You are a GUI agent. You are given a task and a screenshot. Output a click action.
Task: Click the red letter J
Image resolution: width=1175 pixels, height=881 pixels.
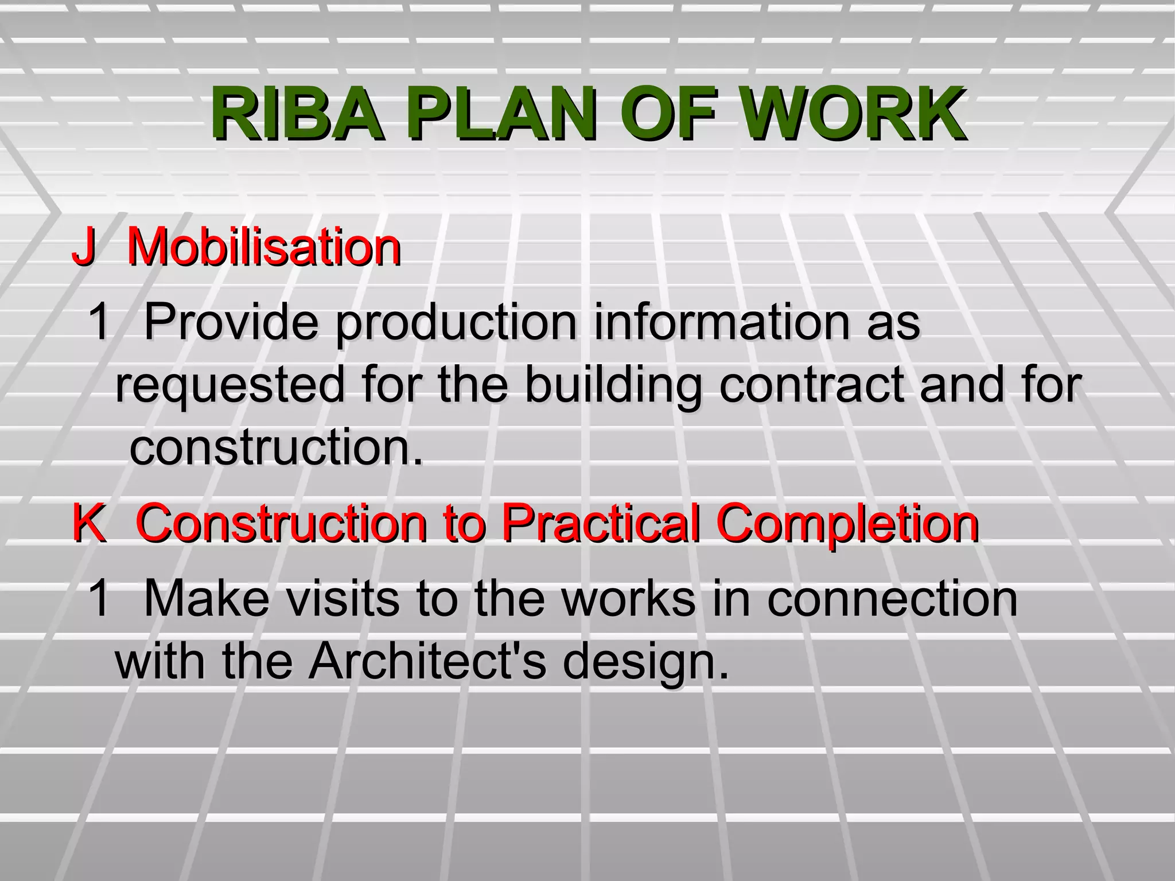(83, 247)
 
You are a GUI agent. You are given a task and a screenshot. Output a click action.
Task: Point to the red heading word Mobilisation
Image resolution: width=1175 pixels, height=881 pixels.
(264, 247)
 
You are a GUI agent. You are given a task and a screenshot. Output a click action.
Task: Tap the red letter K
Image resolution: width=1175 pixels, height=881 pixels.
(89, 523)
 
